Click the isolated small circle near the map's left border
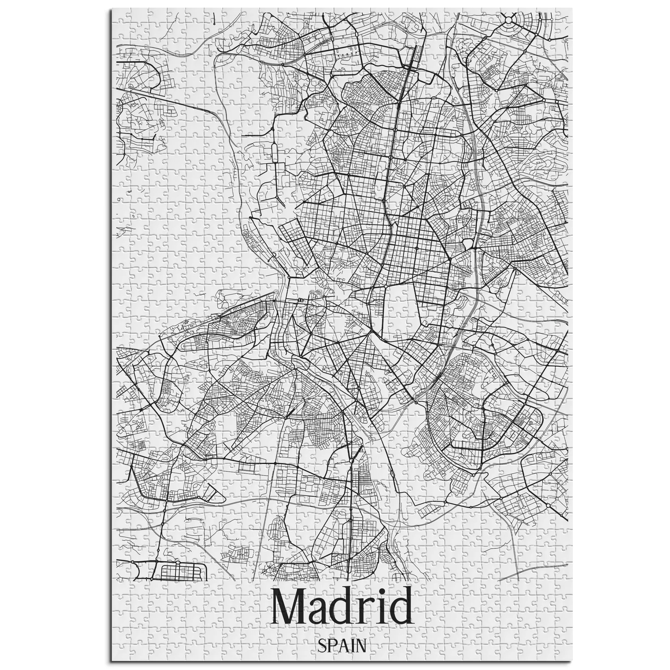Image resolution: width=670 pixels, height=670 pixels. pos(119,200)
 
